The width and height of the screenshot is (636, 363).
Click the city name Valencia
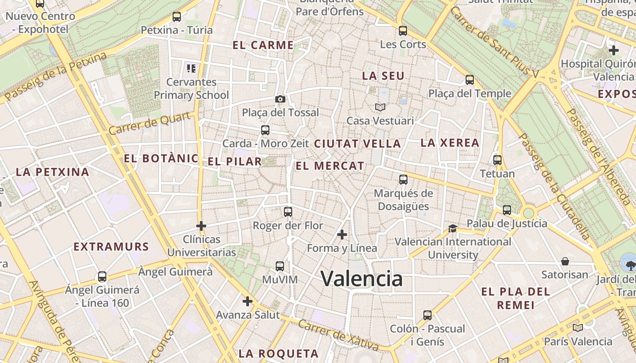click(362, 278)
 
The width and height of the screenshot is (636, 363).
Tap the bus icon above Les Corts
click(403, 31)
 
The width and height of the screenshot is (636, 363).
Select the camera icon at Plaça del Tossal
click(280, 99)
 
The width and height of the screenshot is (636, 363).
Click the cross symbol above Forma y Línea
click(342, 235)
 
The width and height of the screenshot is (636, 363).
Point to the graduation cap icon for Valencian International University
click(452, 228)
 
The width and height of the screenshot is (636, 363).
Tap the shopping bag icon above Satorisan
click(565, 261)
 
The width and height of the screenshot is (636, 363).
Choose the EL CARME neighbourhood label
click(263, 45)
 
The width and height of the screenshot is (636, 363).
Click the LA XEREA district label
click(450, 142)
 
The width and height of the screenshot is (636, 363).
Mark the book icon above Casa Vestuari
click(380, 108)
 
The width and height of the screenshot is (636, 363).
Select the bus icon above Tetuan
click(497, 160)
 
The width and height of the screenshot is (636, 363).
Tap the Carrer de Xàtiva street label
click(338, 335)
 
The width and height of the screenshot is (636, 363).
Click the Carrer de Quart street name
click(149, 123)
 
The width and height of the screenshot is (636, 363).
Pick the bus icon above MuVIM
click(280, 266)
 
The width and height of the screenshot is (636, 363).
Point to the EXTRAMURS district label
click(111, 247)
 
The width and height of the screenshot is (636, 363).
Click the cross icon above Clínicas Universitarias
click(201, 226)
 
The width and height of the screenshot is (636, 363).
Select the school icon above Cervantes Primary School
click(191, 69)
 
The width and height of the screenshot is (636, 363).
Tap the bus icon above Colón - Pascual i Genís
click(427, 315)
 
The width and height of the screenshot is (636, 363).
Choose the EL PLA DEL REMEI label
click(516, 298)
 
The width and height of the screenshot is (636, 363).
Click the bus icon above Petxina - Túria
click(177, 17)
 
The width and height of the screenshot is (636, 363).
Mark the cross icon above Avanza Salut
click(248, 301)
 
